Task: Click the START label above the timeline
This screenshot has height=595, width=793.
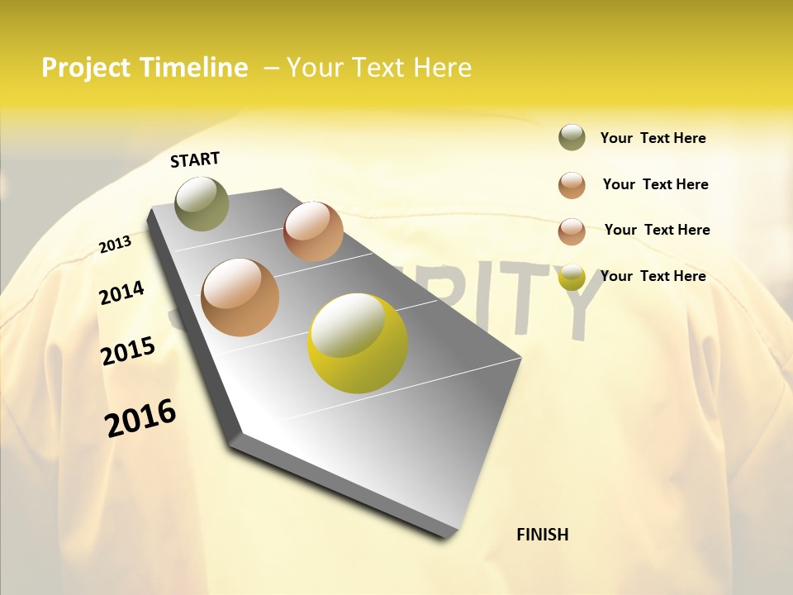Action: pyautogui.click(x=195, y=159)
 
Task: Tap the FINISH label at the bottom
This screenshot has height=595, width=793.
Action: pyautogui.click(x=542, y=535)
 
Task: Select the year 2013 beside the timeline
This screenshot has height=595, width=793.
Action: pyautogui.click(x=115, y=245)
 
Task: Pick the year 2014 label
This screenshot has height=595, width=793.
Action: pyautogui.click(x=121, y=293)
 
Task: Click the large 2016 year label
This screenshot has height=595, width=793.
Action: pyautogui.click(x=140, y=418)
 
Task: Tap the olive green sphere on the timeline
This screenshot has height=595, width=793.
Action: pyautogui.click(x=202, y=203)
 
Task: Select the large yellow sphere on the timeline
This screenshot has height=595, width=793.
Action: pyautogui.click(x=358, y=343)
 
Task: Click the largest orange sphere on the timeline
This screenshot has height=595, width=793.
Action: pyautogui.click(x=240, y=297)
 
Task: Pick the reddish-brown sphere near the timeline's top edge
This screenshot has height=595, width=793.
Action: pyautogui.click(x=313, y=231)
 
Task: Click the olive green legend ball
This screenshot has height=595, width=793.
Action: pyautogui.click(x=572, y=138)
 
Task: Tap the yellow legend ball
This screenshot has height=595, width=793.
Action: pyautogui.click(x=572, y=277)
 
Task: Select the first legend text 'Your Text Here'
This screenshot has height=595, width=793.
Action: pyautogui.click(x=653, y=138)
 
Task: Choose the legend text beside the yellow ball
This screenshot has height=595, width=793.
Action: pyautogui.click(x=653, y=276)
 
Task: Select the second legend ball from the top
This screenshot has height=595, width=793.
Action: pyautogui.click(x=572, y=185)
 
